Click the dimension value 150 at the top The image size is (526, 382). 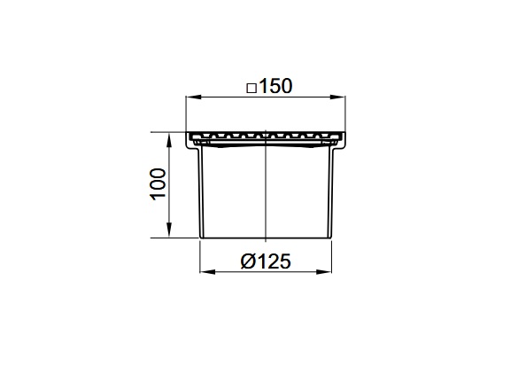click(x=275, y=86)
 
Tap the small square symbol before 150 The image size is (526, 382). click(x=251, y=89)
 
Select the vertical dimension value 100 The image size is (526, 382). click(x=158, y=184)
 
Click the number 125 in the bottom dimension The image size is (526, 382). click(x=275, y=261)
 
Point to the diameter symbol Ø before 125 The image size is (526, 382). click(x=248, y=261)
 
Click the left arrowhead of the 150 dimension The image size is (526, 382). click(x=194, y=97)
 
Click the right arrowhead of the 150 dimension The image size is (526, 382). click(x=338, y=97)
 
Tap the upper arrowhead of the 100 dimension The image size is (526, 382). click(x=169, y=140)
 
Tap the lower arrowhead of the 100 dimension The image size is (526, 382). click(x=169, y=230)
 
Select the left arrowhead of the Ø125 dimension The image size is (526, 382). click(x=207, y=271)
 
